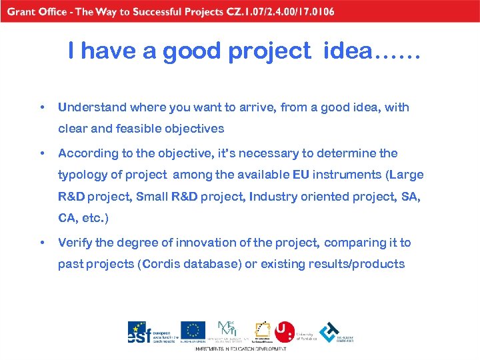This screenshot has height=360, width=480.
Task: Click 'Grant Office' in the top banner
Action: pos(35,11)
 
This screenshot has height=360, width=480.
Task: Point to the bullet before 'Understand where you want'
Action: pos(42,107)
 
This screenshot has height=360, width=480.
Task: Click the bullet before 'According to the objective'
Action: pos(42,153)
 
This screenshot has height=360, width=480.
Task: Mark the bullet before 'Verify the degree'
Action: pos(42,243)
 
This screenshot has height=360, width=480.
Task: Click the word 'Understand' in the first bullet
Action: pos(91,107)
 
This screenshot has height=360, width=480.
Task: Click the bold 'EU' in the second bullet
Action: pos(301,175)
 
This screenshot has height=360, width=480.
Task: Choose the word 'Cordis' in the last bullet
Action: pos(161,264)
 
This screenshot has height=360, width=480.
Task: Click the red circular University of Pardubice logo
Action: pos(285,331)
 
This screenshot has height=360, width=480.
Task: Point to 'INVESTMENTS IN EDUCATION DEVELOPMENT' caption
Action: pos(241,349)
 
